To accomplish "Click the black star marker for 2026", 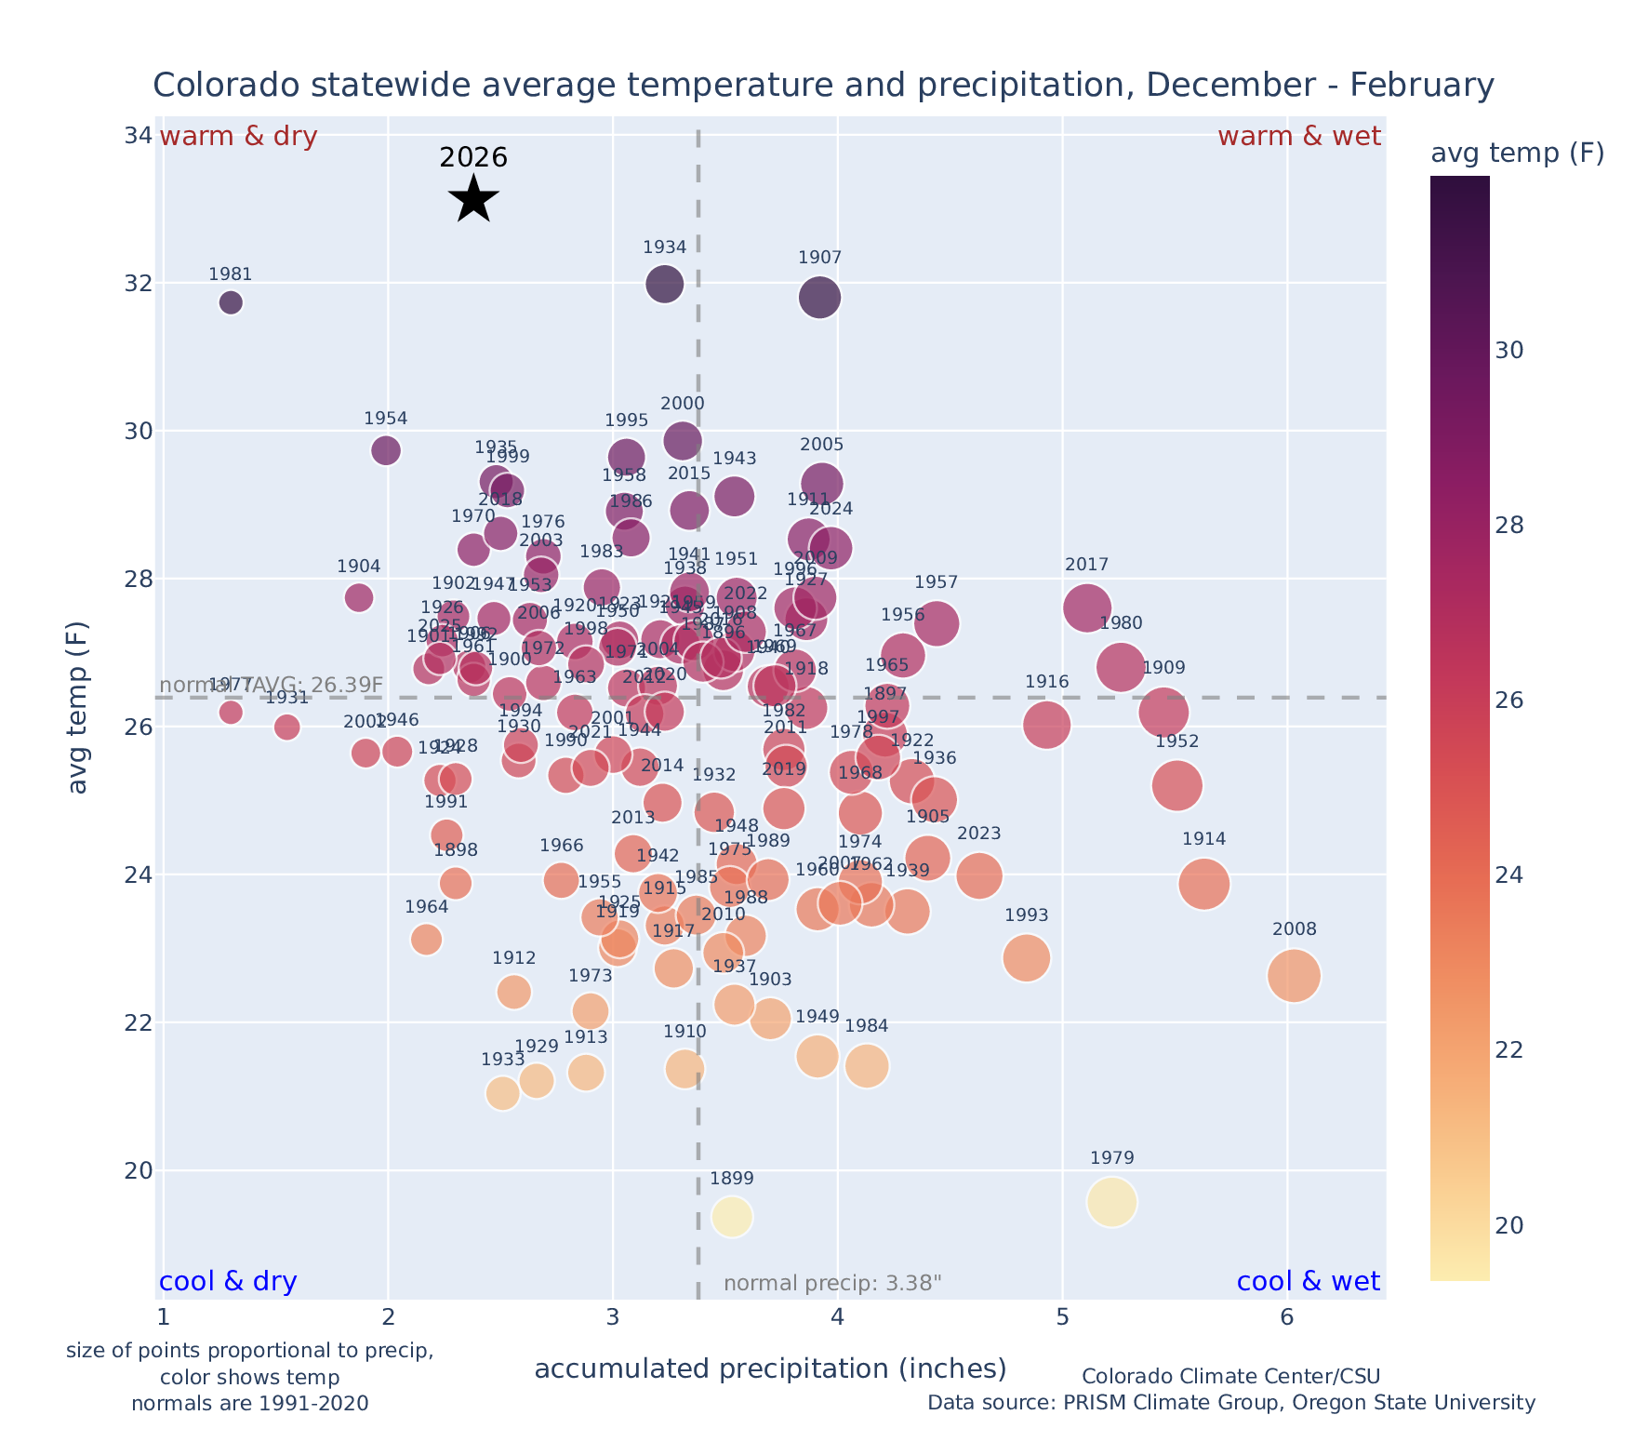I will coord(474,198).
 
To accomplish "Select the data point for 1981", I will coord(231,302).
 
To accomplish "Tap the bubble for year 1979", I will coord(1111,1202).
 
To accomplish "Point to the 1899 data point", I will coord(732,1216).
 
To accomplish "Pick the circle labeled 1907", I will coord(819,298).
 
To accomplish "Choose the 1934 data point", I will coord(664,284).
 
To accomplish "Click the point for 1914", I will coord(1203,883).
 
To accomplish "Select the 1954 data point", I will coord(386,450).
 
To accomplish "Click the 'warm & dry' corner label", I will coord(239,137).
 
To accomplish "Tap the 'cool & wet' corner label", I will coord(1308,1282).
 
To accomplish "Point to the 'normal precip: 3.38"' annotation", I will coord(832,1284).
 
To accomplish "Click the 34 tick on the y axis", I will coord(139,136).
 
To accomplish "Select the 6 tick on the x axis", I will coord(1286,1318).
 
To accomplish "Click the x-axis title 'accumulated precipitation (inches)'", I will coord(770,1368).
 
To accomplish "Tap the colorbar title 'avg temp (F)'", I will coord(1517,154).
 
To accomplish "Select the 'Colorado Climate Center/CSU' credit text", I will coord(1230,1377).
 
